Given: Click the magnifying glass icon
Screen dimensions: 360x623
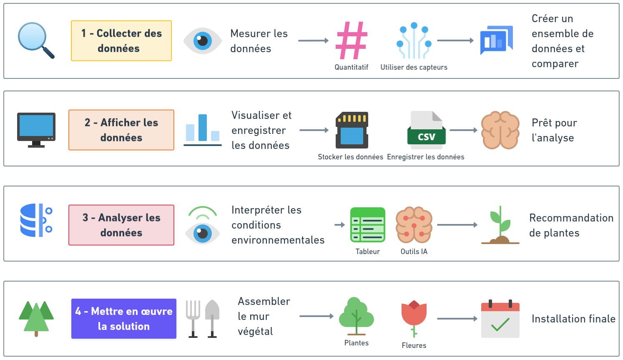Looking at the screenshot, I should [35, 40].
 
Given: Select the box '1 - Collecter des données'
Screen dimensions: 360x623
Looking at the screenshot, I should [121, 41].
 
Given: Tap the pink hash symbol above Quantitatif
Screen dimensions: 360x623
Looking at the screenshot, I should [352, 40].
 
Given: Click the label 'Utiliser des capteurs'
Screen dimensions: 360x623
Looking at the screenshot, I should [414, 67].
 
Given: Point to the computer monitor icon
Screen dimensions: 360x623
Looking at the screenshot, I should [36, 130].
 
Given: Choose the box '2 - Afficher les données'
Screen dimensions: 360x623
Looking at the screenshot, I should [121, 130].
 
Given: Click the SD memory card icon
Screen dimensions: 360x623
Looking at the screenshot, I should [352, 130].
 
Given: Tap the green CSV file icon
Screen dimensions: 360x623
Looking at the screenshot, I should [426, 130].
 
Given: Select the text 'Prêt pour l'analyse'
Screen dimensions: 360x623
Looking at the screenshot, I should [554, 130].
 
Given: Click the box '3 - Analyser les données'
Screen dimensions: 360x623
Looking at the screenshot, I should [121, 225].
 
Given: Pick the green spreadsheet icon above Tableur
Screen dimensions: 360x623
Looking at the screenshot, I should [368, 225].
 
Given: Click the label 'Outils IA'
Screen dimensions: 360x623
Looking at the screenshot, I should [414, 252].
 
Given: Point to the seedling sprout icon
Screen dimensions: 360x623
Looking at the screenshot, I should [500, 225].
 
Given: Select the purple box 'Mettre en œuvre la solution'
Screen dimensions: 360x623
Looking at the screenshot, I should [124, 319].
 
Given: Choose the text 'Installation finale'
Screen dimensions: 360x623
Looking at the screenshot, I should [573, 319].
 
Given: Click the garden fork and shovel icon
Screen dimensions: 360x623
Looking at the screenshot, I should [203, 319].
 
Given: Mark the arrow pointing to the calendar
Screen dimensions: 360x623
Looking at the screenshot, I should [457, 319].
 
